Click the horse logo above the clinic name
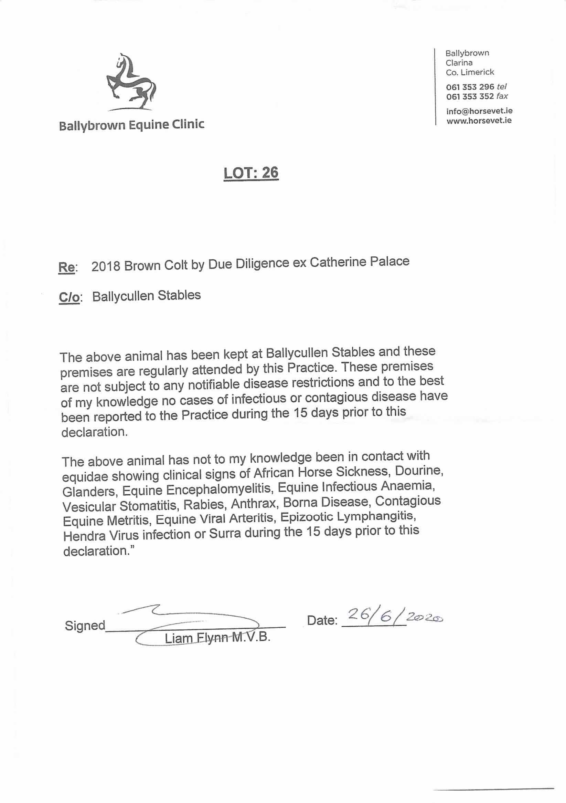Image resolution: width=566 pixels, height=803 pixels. click(x=131, y=82)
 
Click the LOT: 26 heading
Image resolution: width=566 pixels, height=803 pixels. click(x=251, y=173)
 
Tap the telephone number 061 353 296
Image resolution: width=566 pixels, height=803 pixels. click(x=470, y=87)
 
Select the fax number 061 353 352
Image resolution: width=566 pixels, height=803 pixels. click(x=470, y=96)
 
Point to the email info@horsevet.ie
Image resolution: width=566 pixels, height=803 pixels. click(x=479, y=111)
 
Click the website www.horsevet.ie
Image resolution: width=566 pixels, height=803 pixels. click(x=479, y=121)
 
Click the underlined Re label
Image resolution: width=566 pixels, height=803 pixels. click(x=66, y=268)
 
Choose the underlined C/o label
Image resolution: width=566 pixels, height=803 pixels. click(x=70, y=297)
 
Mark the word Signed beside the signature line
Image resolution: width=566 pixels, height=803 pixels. click(x=85, y=625)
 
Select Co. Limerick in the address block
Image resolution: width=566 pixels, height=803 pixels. click(x=470, y=72)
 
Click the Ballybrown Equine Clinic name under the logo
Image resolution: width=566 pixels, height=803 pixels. click(x=131, y=125)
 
